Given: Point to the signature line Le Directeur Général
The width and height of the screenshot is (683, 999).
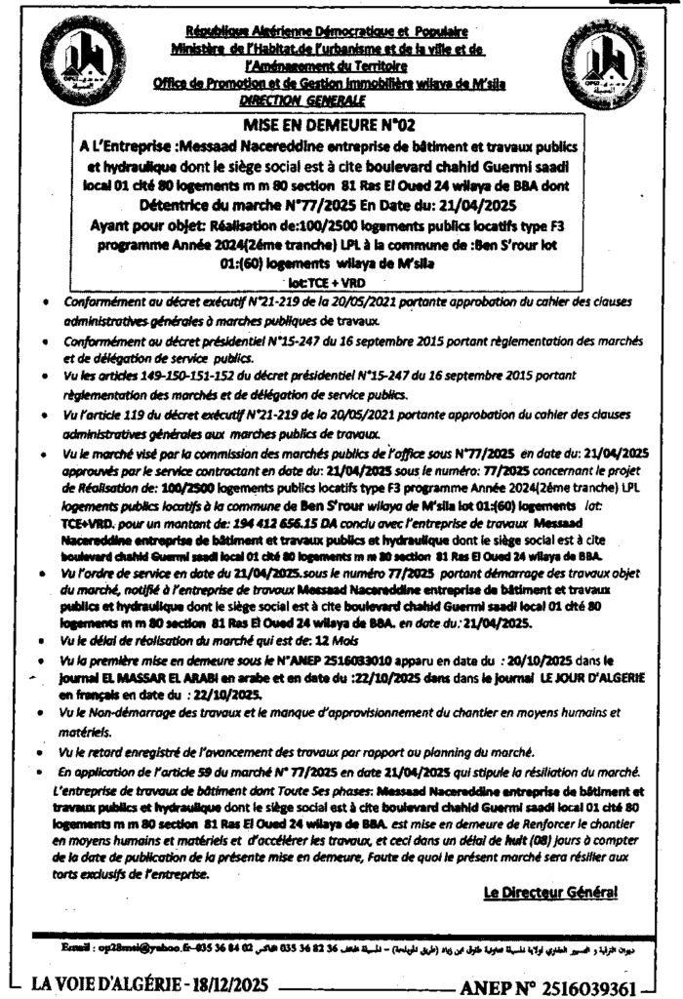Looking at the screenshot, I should click(550, 893).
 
